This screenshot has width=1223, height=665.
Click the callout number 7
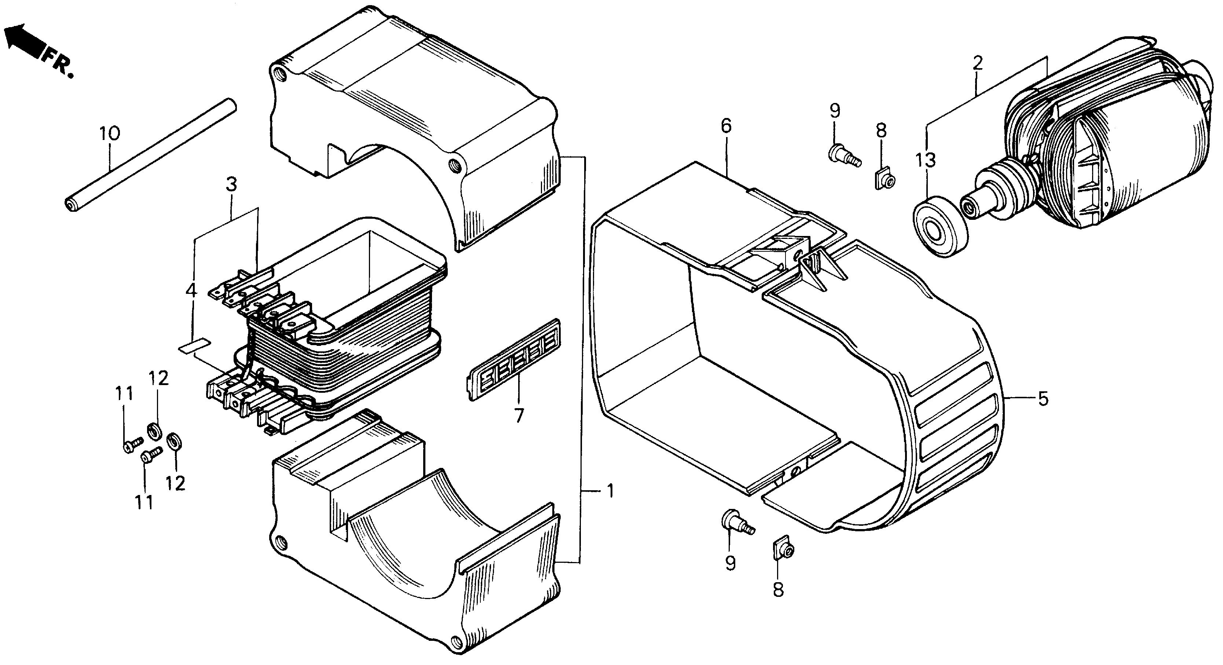click(x=519, y=415)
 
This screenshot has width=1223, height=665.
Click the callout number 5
click(x=1043, y=398)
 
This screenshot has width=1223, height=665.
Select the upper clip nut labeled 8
click(x=885, y=178)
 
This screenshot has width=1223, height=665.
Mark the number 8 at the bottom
click(x=778, y=590)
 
